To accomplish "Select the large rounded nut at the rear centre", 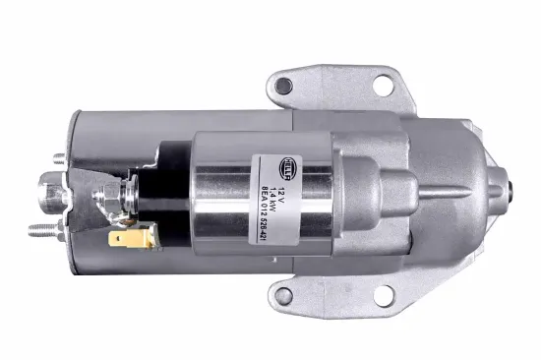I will coord(51,191).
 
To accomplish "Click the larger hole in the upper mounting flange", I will coord(383,84).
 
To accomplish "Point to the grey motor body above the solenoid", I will coord(177,123).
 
